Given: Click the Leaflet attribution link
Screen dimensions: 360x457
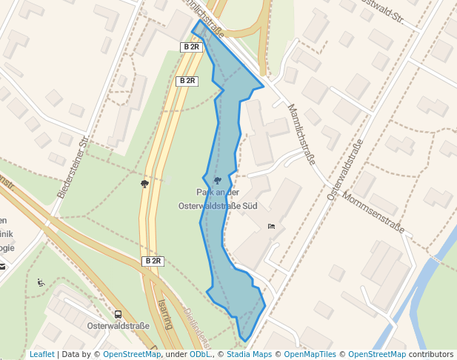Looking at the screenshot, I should coord(41,354).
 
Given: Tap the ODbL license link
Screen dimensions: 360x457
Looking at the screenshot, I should coord(201,354).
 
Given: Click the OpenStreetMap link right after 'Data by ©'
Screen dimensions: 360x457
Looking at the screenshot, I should coord(132,354).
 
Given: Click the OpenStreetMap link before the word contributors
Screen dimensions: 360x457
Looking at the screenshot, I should coord(377,354).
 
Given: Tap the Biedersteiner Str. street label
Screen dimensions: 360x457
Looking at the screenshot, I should coord(73,167).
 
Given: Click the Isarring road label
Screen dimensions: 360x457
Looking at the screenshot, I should coord(165,314).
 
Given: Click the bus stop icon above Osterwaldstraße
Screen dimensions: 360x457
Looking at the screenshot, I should coord(118,314).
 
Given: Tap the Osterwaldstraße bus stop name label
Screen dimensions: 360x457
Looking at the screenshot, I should coord(118,326).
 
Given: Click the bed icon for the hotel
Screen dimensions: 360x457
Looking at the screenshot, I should coord(271,226).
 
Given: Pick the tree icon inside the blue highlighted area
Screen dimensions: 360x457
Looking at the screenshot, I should coord(217,180).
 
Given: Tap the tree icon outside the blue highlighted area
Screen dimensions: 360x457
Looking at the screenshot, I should coord(144,182).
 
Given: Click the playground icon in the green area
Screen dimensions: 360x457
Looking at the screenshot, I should coord(40,282).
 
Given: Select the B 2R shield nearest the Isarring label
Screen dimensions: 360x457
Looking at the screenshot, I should coord(153,261).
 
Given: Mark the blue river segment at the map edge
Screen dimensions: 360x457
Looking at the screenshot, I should coord(430,281).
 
